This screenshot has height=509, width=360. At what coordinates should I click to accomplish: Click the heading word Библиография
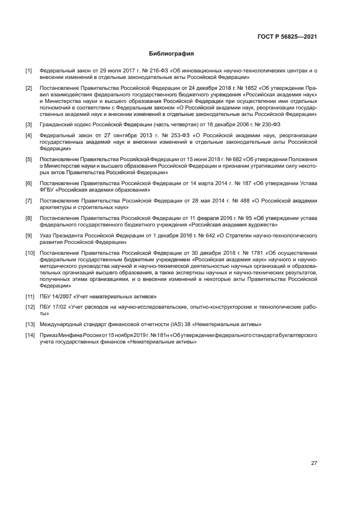(172, 54)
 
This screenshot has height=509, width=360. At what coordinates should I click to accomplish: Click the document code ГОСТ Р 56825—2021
(288, 36)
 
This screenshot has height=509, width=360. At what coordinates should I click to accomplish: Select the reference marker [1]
(28, 71)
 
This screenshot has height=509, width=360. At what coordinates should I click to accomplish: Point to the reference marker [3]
(28, 125)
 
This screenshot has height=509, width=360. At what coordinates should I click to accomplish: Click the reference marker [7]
(28, 200)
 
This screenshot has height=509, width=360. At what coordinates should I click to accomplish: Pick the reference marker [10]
(29, 253)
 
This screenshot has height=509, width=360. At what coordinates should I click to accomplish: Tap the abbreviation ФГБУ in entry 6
(47, 190)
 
